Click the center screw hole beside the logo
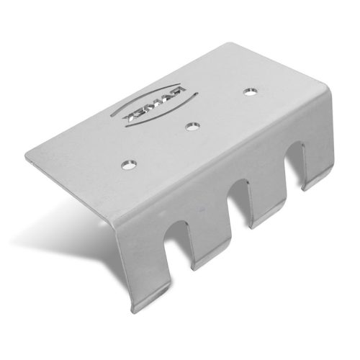191,127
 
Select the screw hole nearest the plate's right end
251,92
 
